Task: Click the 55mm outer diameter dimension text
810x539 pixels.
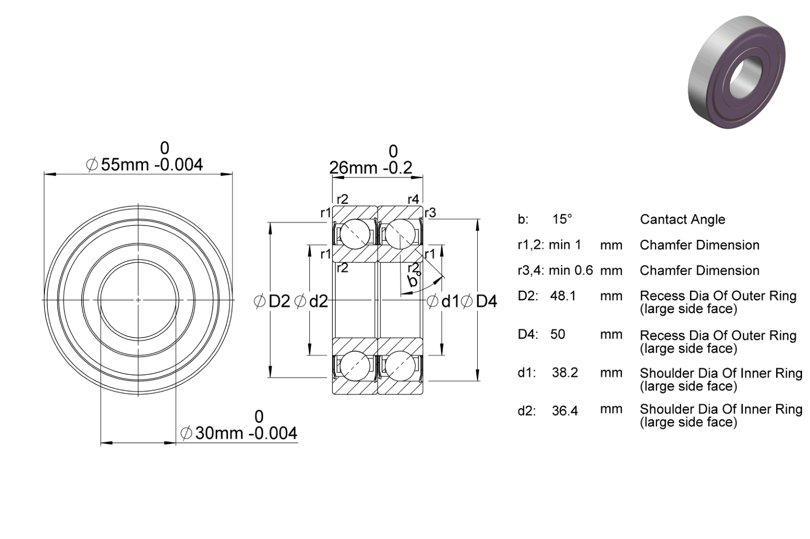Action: tap(144, 165)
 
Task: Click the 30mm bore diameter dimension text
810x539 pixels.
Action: tap(239, 433)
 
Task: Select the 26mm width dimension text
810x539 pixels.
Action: tap(371, 168)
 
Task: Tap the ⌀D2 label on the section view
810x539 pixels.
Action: tap(272, 301)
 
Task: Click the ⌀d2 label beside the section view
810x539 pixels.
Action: tap(311, 301)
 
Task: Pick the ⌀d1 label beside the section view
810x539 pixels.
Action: tap(443, 301)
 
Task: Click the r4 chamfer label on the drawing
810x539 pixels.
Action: tap(413, 199)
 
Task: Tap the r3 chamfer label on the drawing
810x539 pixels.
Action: tap(430, 213)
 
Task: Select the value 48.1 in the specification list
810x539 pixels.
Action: tap(563, 296)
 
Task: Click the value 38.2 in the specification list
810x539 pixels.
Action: tap(565, 372)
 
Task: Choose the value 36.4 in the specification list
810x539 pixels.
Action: tap(565, 411)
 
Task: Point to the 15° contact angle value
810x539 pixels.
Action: tap(562, 219)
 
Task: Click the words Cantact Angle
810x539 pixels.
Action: tap(682, 219)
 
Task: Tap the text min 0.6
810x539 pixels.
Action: tap(571, 270)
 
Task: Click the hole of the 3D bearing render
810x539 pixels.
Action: tap(746, 75)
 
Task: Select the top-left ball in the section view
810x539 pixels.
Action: tap(355, 234)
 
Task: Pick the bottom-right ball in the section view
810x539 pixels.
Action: tap(400, 366)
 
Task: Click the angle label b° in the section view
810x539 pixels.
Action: tap(413, 281)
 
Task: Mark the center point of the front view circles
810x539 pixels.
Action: tap(138, 300)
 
